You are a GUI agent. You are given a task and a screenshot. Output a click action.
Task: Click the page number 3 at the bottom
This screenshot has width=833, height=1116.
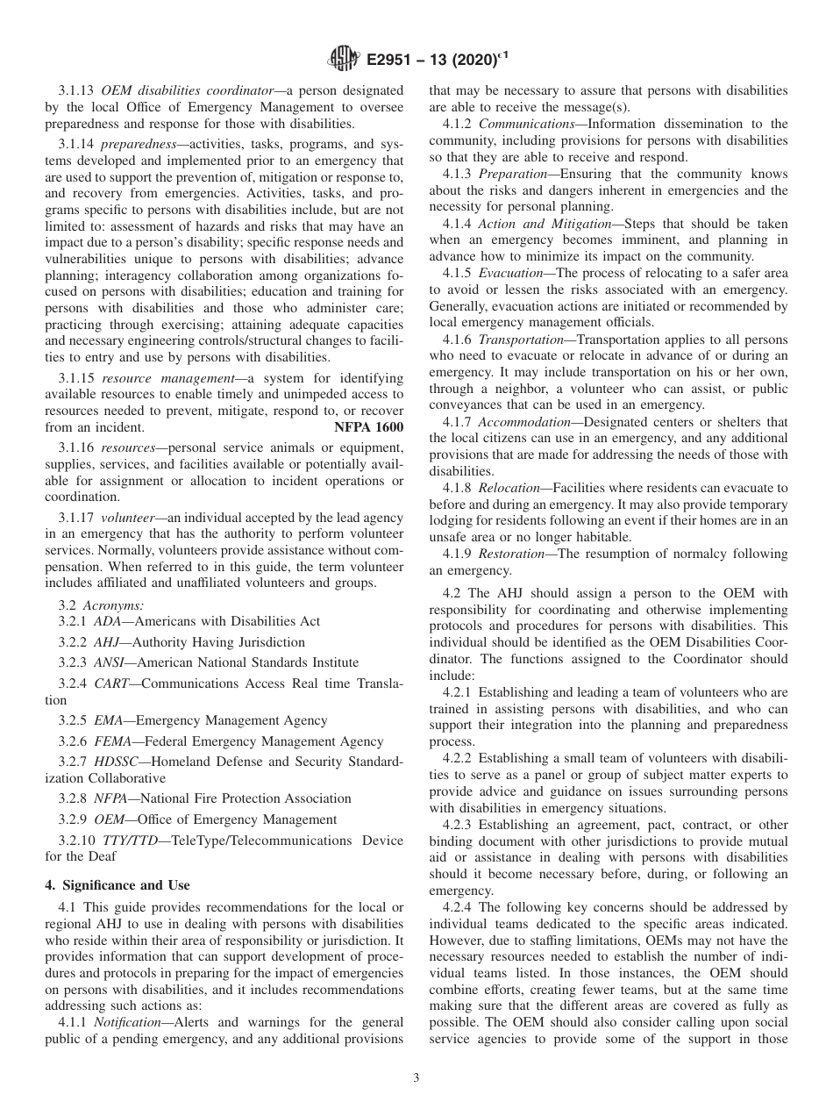416,1078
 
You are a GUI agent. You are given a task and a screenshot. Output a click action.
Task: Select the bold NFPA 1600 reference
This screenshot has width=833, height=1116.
369,427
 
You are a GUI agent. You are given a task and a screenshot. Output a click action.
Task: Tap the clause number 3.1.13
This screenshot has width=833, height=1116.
77,90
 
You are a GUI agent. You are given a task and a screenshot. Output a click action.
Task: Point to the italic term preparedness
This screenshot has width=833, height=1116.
133,144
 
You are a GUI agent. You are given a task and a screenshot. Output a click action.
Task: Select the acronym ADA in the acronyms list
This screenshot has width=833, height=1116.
108,621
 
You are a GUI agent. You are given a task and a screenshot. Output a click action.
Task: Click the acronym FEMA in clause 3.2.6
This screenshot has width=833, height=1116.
113,741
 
